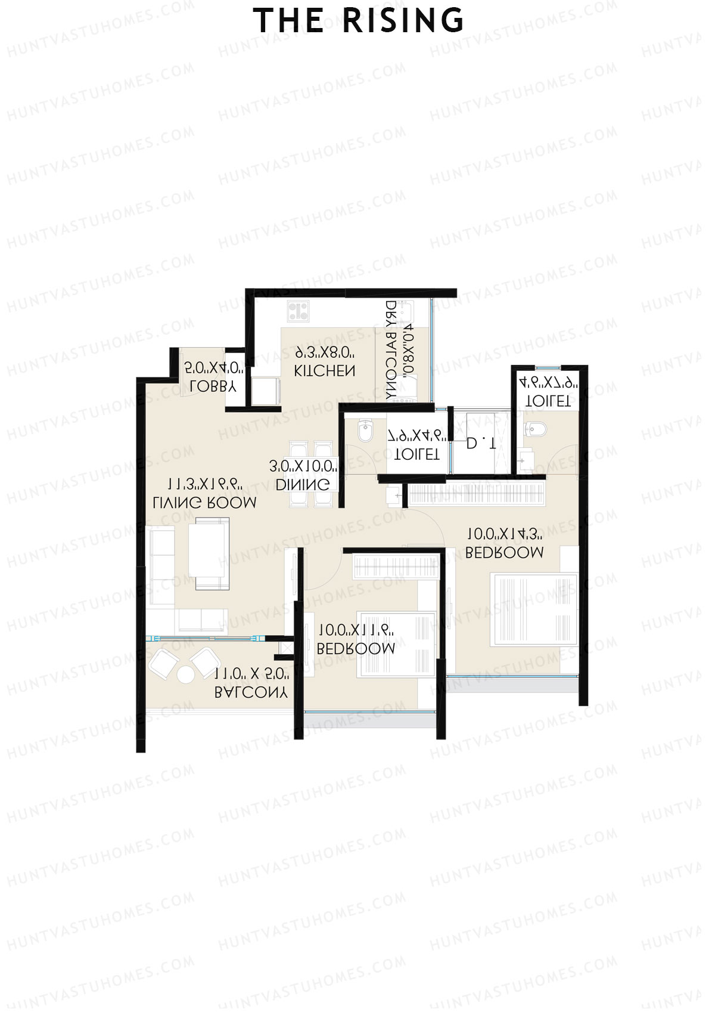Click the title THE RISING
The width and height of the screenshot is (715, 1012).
358,21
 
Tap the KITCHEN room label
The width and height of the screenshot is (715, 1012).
325,371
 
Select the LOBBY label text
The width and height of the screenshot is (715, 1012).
213,386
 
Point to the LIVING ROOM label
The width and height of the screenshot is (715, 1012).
204,503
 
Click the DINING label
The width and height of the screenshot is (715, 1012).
303,485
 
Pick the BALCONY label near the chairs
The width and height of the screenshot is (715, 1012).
251,692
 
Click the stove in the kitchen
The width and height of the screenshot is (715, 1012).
298,311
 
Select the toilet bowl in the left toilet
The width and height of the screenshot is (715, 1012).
365,432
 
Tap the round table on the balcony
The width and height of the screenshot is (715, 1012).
185,675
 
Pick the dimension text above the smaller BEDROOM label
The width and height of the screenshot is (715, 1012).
356,630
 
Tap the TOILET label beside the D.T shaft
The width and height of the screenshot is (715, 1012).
417,454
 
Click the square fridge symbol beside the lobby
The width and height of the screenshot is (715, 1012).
266,391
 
